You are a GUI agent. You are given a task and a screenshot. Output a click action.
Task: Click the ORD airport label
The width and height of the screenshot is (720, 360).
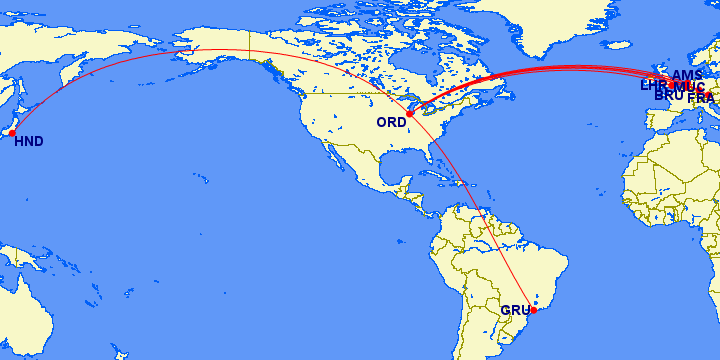pyautogui.click(x=390, y=122)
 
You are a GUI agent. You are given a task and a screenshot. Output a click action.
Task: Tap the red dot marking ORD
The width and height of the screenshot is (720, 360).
pyautogui.click(x=409, y=114)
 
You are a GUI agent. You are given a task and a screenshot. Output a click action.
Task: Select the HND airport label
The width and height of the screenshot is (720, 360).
pyautogui.click(x=29, y=142)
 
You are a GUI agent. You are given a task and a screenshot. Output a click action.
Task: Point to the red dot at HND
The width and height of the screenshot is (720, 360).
pyautogui.click(x=12, y=132)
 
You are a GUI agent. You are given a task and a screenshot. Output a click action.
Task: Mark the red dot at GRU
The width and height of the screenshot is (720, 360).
pyautogui.click(x=533, y=310)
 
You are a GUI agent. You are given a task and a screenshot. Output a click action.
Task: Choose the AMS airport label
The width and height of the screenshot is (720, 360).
pyautogui.click(x=687, y=76)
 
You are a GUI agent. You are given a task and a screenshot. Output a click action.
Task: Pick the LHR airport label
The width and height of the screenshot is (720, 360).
pyautogui.click(x=655, y=86)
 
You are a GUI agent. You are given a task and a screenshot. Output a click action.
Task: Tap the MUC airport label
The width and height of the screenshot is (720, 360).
pyautogui.click(x=690, y=86)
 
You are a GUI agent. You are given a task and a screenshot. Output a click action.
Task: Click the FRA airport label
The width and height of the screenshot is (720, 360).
pyautogui.click(x=701, y=97)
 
